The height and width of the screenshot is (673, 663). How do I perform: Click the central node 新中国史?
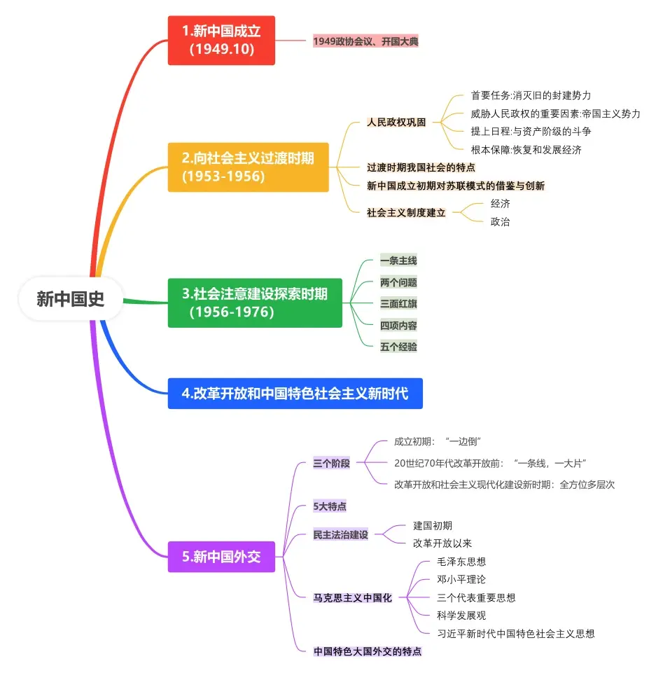71,299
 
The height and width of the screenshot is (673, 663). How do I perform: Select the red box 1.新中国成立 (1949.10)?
221,40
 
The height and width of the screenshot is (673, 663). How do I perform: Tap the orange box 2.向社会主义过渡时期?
248,167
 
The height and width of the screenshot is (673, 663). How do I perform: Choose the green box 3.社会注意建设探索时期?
255,303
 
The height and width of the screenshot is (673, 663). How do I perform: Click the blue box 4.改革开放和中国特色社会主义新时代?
295,394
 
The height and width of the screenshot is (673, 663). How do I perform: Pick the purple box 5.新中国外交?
221,557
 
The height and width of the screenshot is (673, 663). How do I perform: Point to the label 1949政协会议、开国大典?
365,41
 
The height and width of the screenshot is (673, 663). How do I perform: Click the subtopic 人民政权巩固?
396,122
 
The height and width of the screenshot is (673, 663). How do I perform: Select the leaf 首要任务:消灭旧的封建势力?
531,95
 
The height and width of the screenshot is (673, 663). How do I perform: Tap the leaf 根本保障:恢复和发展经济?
526,149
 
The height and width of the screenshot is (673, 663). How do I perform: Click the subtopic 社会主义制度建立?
406,212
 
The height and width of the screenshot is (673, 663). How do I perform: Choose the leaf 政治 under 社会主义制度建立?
500,222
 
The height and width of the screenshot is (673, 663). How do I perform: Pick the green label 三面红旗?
398,303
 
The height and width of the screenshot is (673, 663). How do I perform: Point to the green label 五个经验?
398,346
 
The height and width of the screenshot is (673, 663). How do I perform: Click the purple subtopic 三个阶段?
331,463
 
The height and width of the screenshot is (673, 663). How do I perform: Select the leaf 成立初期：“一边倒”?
438,441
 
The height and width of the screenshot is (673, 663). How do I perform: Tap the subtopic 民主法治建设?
340,534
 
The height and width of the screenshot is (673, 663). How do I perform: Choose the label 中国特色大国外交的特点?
368,651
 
